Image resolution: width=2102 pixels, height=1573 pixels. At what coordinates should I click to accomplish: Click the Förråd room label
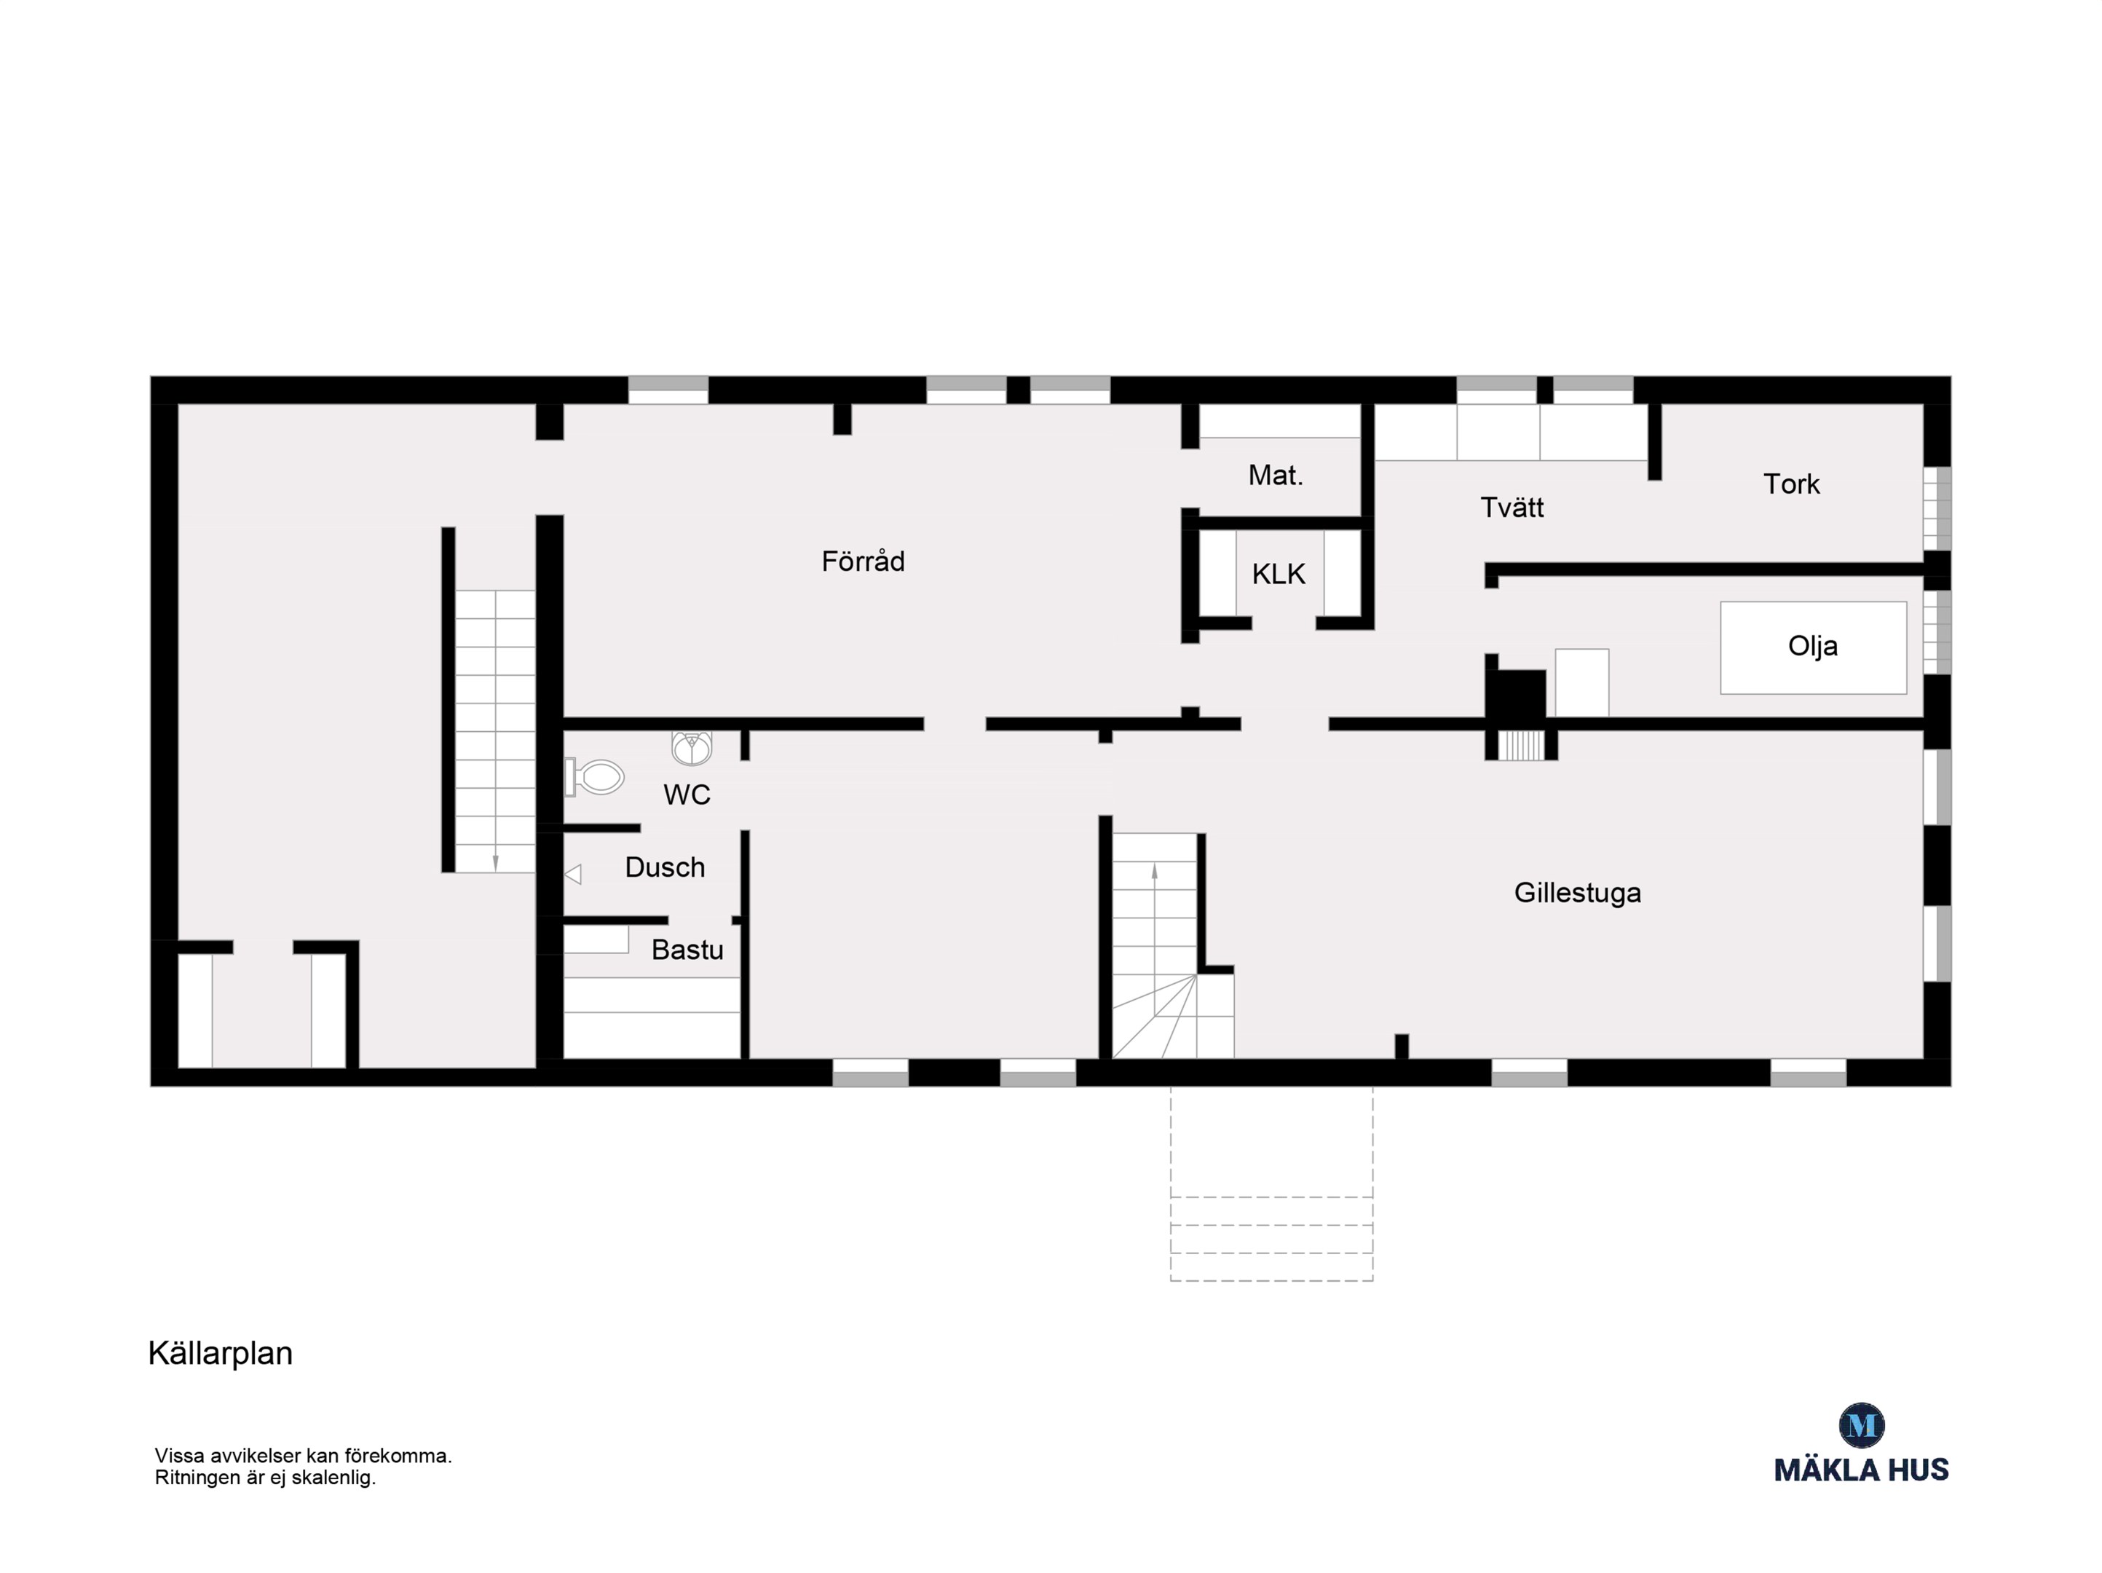(x=863, y=561)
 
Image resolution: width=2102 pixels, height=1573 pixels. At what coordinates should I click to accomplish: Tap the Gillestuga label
(x=1578, y=893)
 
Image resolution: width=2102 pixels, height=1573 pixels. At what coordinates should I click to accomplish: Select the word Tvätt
(x=1512, y=508)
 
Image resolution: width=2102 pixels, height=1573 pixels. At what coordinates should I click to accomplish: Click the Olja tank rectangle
(x=1813, y=647)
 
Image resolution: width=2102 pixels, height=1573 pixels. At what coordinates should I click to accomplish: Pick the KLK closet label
(x=1278, y=574)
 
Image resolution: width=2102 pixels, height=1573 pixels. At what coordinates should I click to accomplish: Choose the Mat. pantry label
(x=1276, y=476)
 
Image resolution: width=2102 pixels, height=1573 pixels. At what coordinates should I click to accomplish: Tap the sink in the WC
(x=692, y=748)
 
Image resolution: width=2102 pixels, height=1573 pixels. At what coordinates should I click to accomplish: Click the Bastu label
(x=687, y=950)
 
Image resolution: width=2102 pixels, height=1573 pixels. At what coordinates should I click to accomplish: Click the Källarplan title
(x=221, y=1354)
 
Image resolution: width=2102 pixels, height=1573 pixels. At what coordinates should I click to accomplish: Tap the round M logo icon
(x=1862, y=1424)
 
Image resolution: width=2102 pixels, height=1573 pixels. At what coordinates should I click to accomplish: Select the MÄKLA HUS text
(x=1862, y=1470)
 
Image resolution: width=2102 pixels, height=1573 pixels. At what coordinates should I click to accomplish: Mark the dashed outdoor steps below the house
(x=1271, y=1184)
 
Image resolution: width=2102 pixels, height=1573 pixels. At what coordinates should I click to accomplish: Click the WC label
(x=686, y=795)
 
